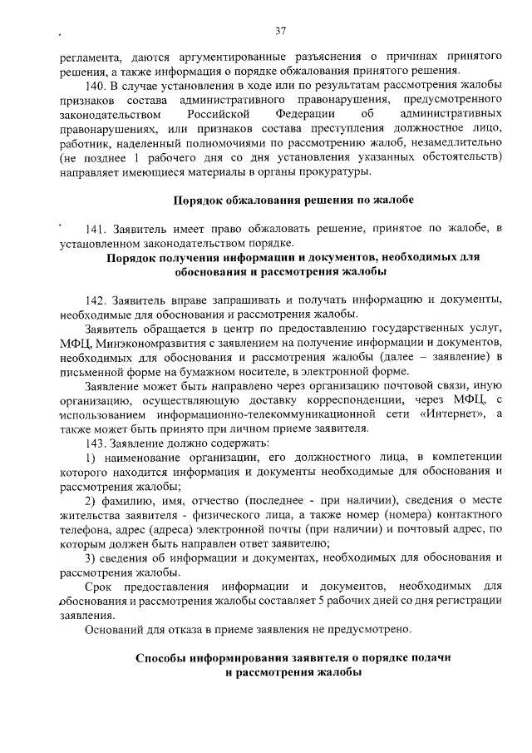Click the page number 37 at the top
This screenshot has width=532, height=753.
point(280,31)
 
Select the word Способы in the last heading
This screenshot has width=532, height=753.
point(164,657)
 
